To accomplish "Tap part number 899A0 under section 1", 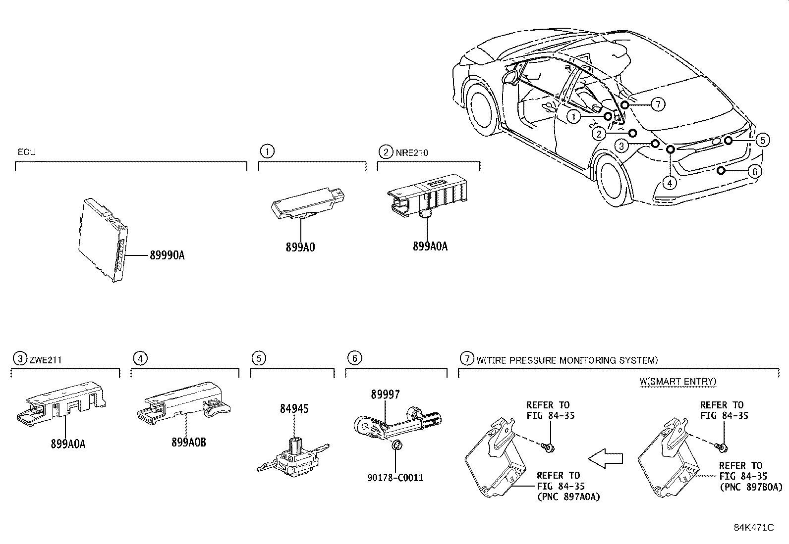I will coord(300,247).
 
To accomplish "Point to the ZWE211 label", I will coord(45,360).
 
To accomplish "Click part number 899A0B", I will coord(189,443).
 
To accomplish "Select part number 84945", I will coord(294,408).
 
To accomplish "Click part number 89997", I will coord(385,395).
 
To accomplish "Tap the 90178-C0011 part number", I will coord(396,478).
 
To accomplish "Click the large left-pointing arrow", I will coord(605,459).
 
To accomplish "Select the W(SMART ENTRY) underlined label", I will coord(677,381).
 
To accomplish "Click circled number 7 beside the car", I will coord(657,104).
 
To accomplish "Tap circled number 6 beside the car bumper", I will coord(754,172).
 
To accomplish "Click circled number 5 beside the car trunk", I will coord(762,141).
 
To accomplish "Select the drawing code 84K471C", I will coord(754,528).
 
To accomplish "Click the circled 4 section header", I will coord(141,358).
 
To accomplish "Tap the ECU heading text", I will coord(27,152).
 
